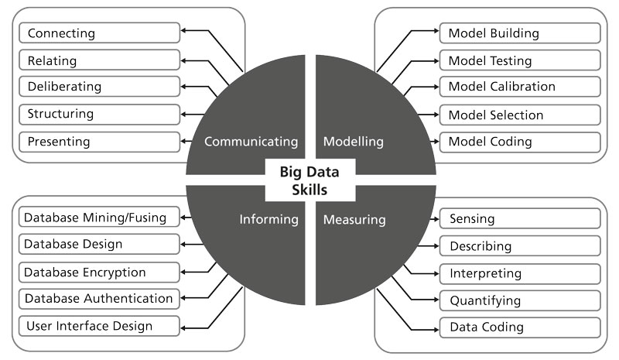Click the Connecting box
[x=100, y=33]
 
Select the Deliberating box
[x=100, y=87]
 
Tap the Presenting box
[x=100, y=142]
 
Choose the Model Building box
[x=520, y=33]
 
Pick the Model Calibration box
[x=520, y=87]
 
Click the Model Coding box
[x=520, y=142]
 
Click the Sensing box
[x=520, y=219]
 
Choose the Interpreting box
[x=520, y=273]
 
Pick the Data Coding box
[x=520, y=327]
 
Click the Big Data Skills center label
[x=310, y=180]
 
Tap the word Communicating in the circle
[x=251, y=142]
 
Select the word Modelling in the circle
[x=354, y=142]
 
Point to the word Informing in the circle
[x=269, y=220]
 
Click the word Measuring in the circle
[x=354, y=220]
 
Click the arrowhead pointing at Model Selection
[x=435, y=115]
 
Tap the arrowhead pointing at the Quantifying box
[x=435, y=300]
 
